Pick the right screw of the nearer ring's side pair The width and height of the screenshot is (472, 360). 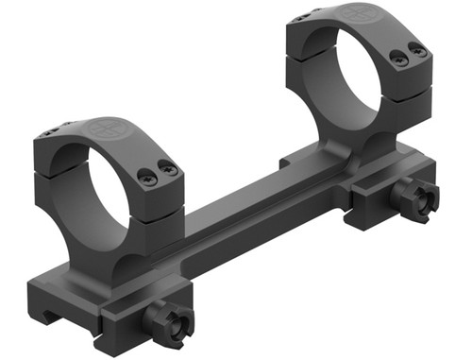click(168, 169)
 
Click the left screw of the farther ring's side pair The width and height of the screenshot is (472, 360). click(397, 60)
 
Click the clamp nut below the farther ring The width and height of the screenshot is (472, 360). click(415, 196)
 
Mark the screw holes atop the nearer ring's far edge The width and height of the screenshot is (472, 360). click(62, 129)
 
